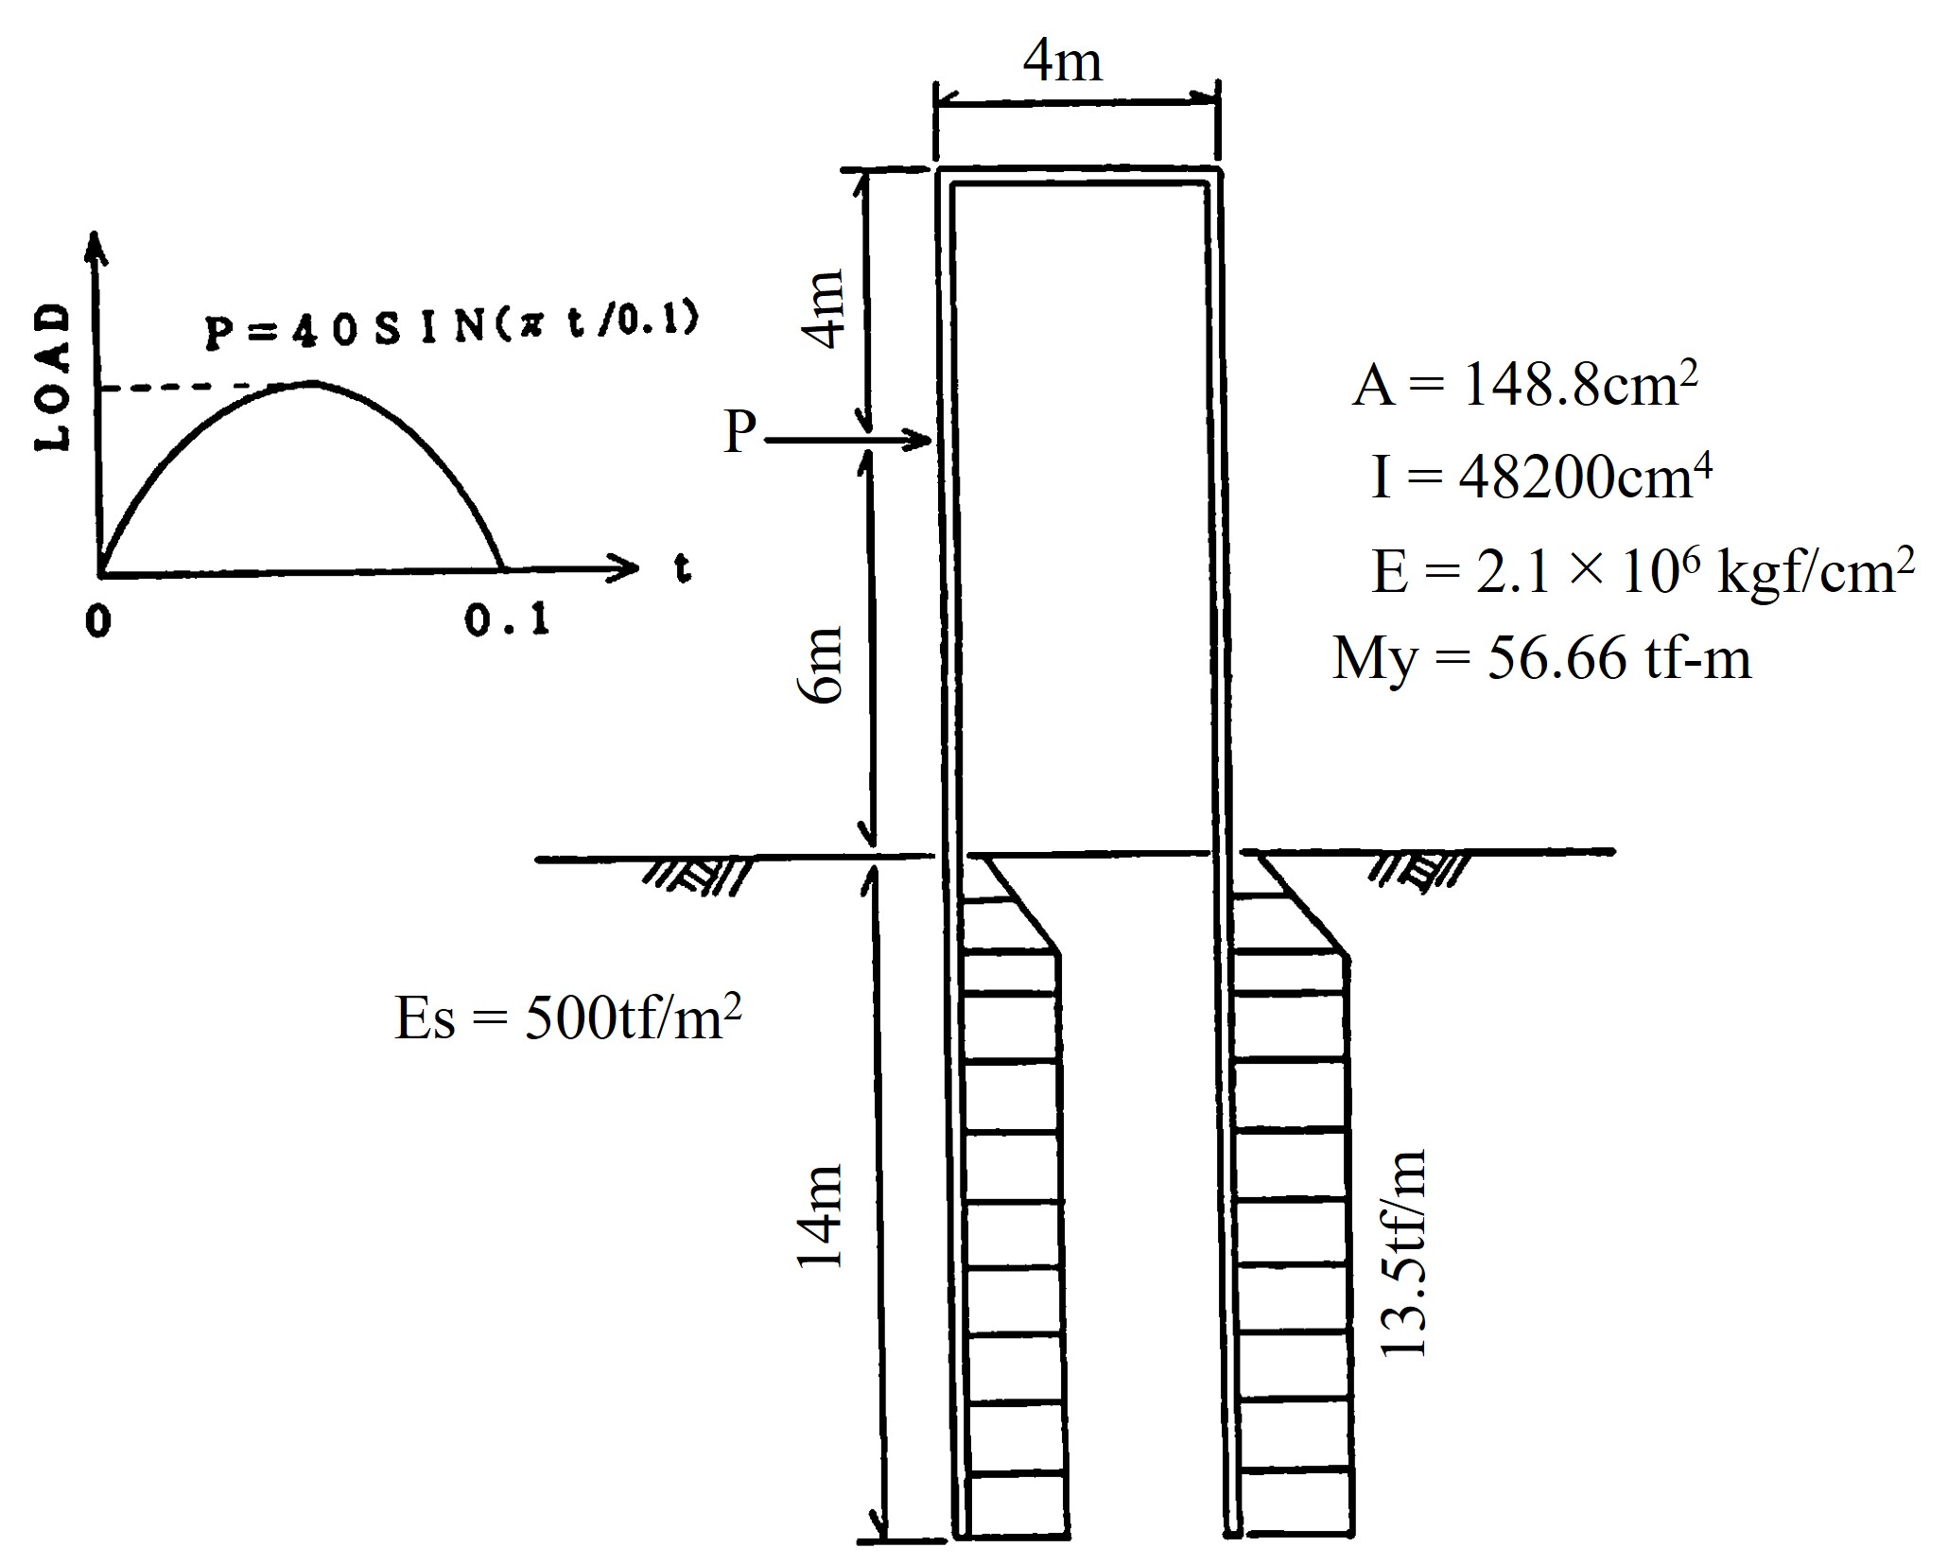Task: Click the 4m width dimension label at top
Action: (x=1063, y=62)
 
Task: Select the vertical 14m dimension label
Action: (x=820, y=1215)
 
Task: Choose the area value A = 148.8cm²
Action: (x=1525, y=385)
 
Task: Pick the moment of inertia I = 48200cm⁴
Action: (x=1541, y=477)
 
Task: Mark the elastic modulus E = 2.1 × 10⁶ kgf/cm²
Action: (x=1644, y=571)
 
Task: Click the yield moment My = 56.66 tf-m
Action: (x=1541, y=659)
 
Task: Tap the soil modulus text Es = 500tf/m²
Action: (x=567, y=1018)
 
